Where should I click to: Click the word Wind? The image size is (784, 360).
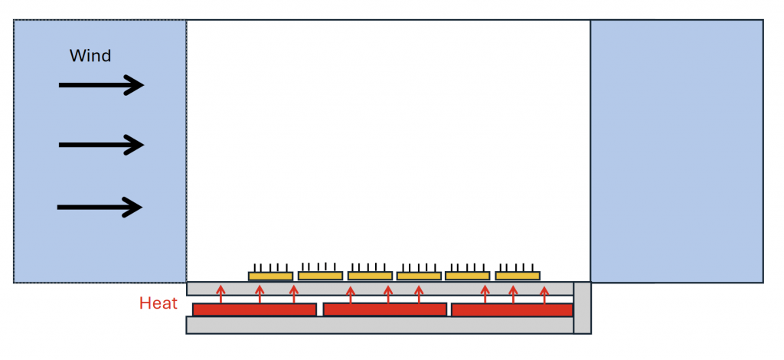point(90,56)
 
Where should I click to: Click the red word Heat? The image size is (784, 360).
point(158,303)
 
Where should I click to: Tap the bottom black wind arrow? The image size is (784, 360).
point(100,207)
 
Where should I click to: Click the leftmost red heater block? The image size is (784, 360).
point(254,309)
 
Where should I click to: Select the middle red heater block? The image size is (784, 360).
point(384,309)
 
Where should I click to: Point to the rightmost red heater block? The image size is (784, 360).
point(512,309)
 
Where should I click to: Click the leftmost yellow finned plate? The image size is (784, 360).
point(270,276)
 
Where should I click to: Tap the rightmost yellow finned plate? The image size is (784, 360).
point(518,275)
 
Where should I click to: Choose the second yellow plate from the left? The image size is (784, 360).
point(320,275)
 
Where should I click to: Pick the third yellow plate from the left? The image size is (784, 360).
point(370,275)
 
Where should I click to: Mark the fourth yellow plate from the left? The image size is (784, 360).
point(419,276)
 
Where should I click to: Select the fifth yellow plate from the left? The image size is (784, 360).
point(467,275)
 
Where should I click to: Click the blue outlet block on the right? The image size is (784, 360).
point(677,151)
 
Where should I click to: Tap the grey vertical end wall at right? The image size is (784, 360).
point(582,308)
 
